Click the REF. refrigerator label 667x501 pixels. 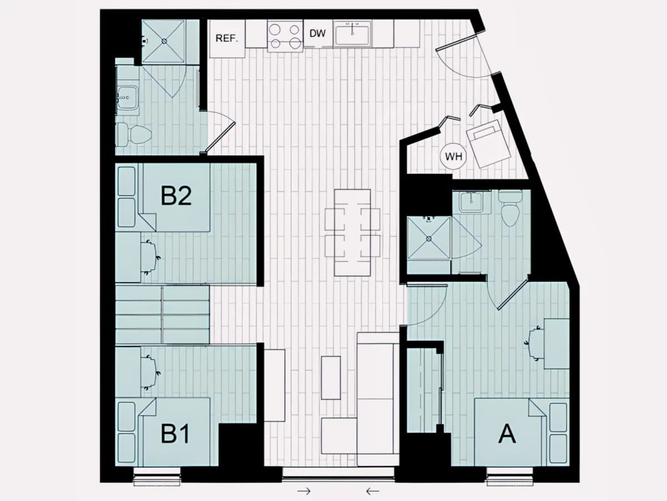[226, 38]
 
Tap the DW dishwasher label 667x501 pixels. [317, 33]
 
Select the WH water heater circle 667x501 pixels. [454, 156]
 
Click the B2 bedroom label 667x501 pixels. [176, 196]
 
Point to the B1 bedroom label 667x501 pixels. [175, 434]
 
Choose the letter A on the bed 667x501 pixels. [507, 434]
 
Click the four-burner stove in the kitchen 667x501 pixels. [285, 36]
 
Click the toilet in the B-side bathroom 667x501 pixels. [134, 134]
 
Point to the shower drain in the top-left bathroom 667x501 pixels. [165, 41]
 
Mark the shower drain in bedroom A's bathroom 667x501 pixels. [429, 239]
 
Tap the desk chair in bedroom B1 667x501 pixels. [151, 372]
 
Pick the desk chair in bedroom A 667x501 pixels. [534, 343]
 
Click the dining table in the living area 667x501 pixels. [352, 233]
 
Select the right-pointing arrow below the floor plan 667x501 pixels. [304, 491]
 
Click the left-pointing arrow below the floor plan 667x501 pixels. [372, 491]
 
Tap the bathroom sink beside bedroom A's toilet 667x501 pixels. [471, 202]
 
